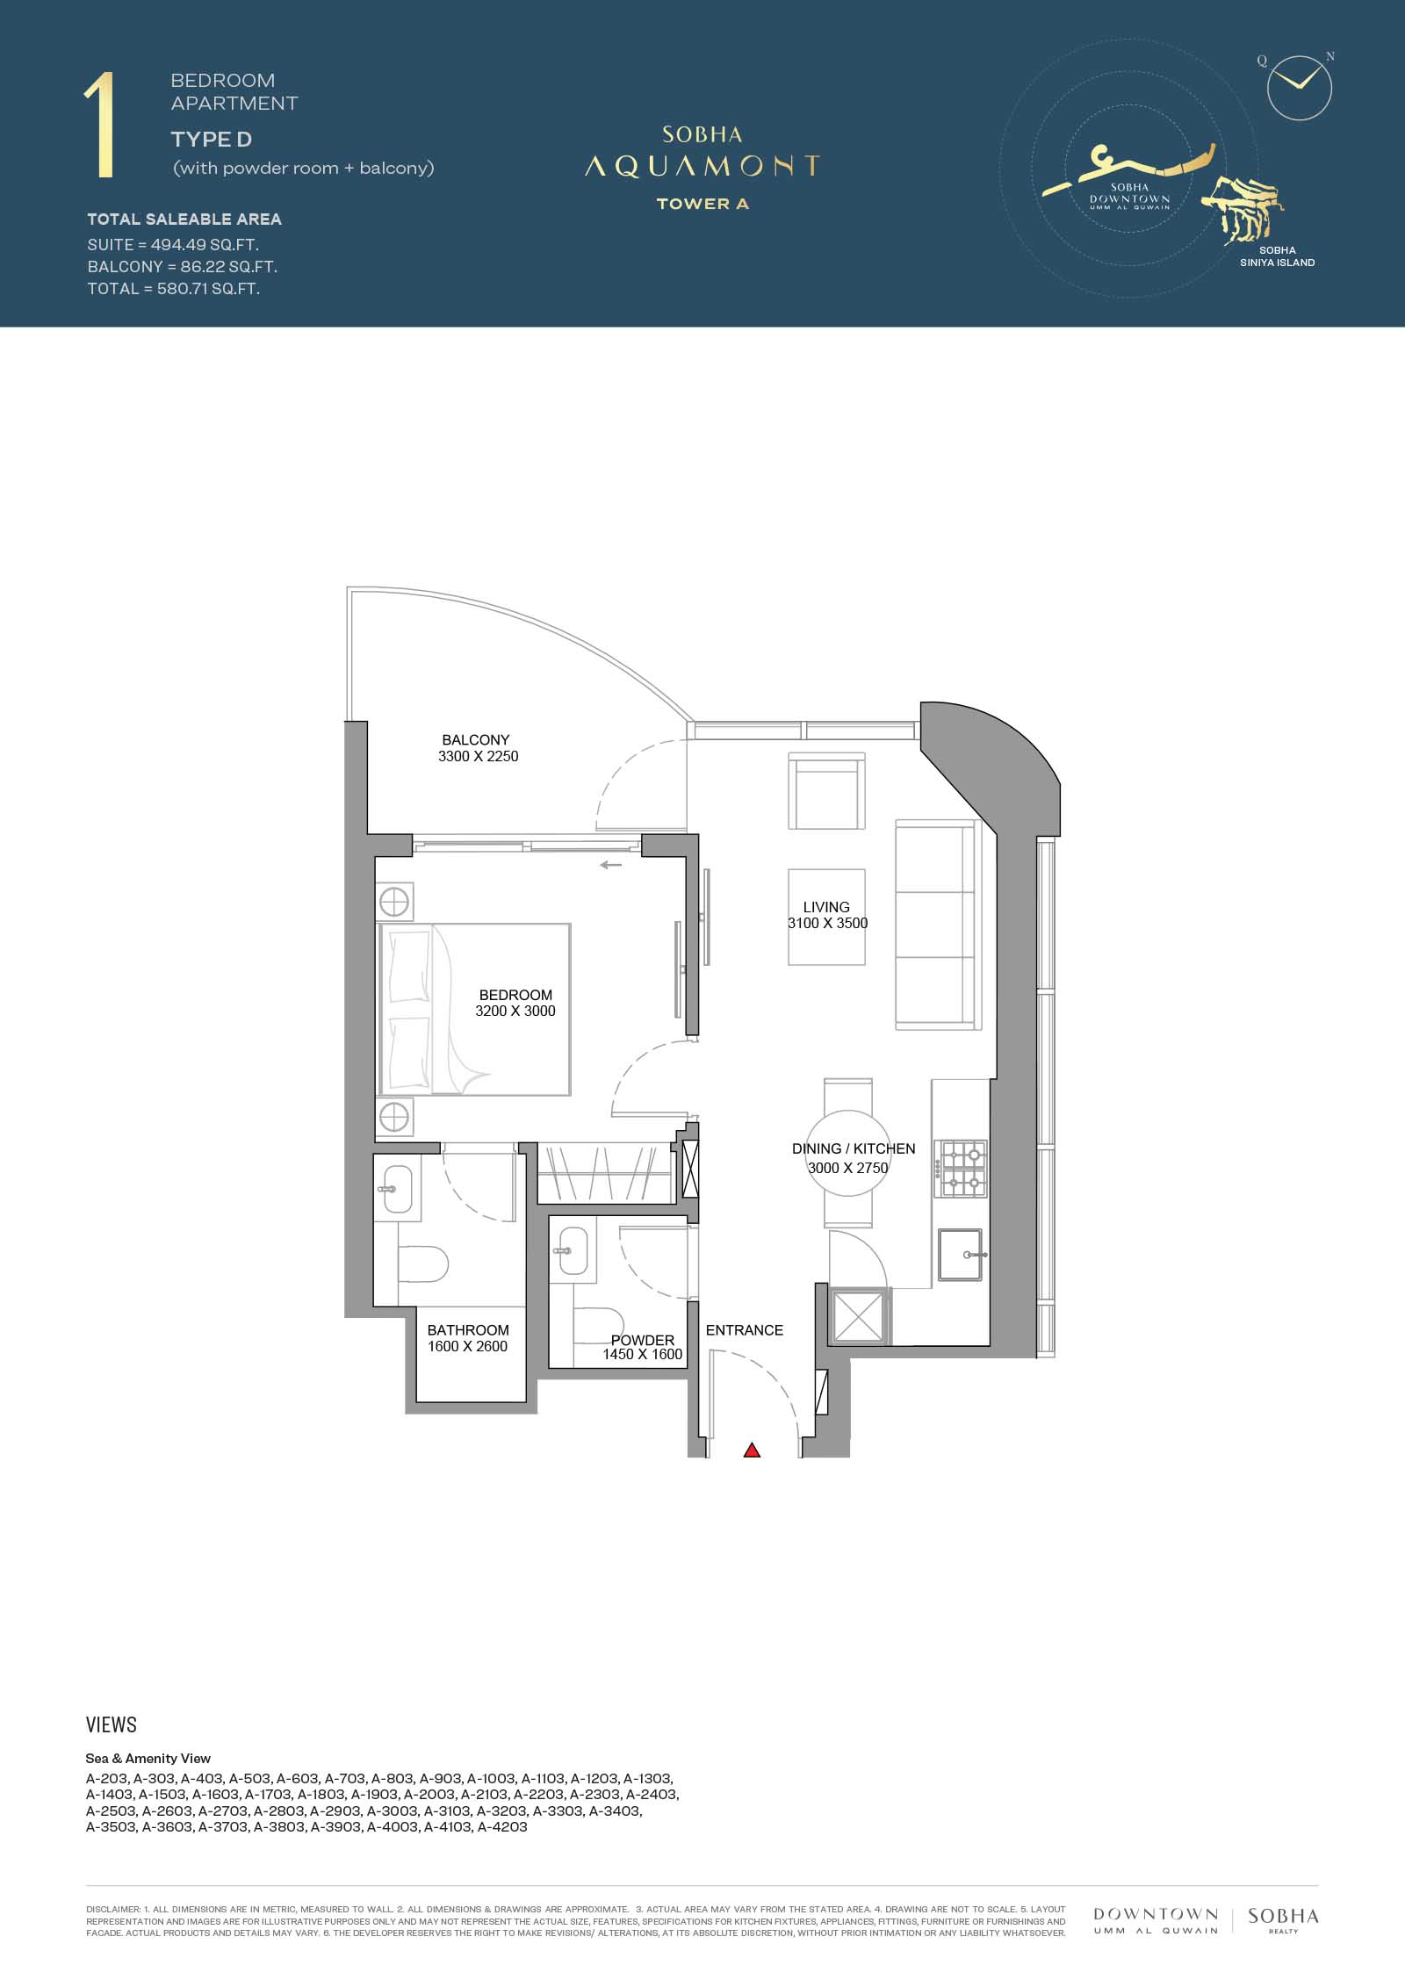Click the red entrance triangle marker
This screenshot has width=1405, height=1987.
[x=752, y=1451]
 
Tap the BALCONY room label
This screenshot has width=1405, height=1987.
[x=476, y=740]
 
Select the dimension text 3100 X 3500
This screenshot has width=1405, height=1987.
[x=828, y=923]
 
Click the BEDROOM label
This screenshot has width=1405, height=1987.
[x=515, y=995]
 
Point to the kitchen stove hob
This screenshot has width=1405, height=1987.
[x=962, y=1169]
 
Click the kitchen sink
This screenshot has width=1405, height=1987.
[x=963, y=1255]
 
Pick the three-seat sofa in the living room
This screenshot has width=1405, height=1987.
[x=937, y=925]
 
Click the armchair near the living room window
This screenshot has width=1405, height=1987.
[x=824, y=790]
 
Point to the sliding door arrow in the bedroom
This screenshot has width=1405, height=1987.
[x=611, y=865]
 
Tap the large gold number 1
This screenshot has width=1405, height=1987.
[x=101, y=126]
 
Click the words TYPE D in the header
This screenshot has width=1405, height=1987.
[x=212, y=139]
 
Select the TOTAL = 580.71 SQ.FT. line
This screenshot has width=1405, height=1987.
[x=174, y=289]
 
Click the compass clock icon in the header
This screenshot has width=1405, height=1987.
[x=1300, y=88]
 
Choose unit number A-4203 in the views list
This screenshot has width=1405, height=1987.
[x=501, y=1827]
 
